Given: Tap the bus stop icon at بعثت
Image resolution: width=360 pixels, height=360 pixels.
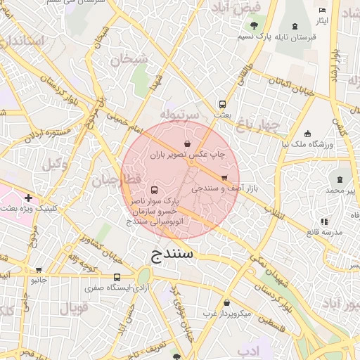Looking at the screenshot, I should (x=223, y=103).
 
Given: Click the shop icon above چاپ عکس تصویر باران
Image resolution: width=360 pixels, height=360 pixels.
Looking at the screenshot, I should (x=187, y=143).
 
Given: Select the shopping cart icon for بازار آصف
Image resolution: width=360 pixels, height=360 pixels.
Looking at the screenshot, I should (x=224, y=178).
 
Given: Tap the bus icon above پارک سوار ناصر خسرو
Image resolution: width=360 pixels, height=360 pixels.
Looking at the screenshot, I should (x=154, y=190).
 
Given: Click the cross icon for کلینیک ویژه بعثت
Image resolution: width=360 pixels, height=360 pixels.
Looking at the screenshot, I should (x=27, y=198).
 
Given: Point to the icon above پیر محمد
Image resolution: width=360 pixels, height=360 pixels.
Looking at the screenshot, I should (x=340, y=180).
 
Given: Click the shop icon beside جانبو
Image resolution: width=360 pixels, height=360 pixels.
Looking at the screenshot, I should (x=38, y=269).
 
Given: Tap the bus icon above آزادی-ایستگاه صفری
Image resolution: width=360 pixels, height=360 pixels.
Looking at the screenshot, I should (x=117, y=277).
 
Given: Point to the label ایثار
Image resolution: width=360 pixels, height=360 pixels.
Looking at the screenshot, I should (x=322, y=21).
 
